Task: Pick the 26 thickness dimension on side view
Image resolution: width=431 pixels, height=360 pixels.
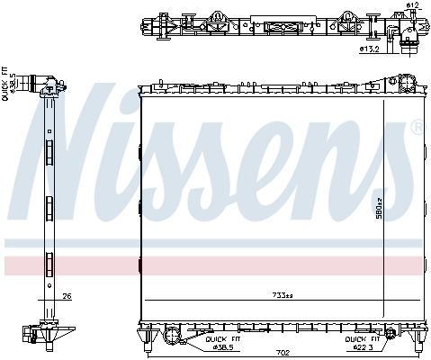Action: click(x=67, y=296)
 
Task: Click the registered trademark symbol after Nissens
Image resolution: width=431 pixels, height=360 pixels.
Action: click(x=418, y=128)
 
